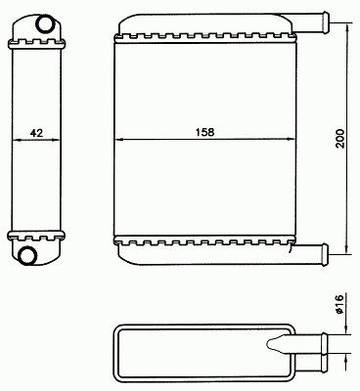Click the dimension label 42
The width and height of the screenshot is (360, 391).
click(36, 133)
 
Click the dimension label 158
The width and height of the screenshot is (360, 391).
click(204, 132)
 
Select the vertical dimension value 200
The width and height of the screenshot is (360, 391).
click(339, 139)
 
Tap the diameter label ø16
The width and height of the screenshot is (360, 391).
click(339, 304)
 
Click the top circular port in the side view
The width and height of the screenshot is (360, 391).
click(43, 24)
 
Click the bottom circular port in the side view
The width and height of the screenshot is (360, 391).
click(26, 255)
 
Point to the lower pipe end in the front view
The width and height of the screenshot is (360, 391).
click(326, 254)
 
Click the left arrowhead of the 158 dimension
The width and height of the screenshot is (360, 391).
click(119, 140)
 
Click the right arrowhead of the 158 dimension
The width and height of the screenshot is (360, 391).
click(291, 140)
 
